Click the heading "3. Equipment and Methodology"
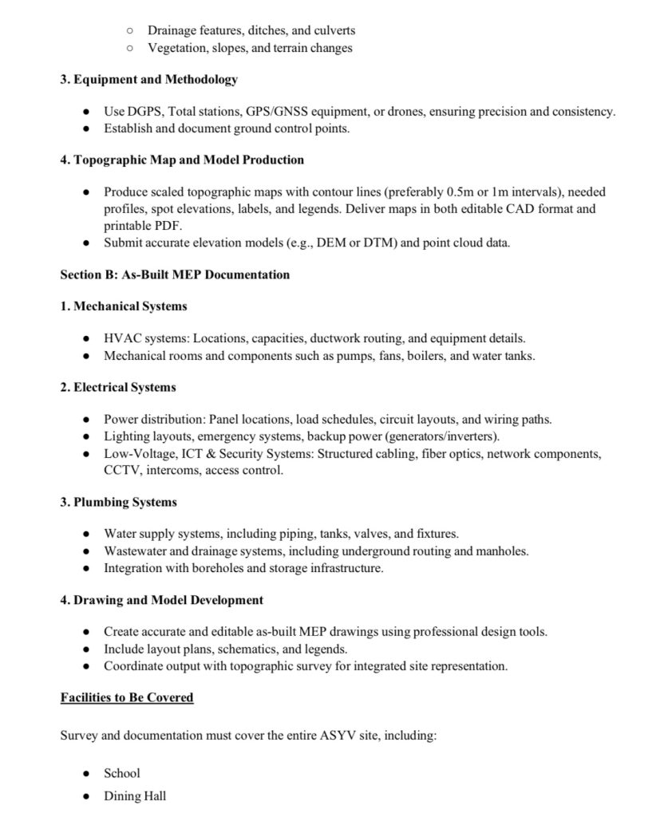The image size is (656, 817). click(148, 80)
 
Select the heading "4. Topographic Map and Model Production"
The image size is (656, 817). click(182, 160)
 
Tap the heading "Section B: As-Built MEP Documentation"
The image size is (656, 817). click(175, 274)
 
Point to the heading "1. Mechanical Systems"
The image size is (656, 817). click(124, 306)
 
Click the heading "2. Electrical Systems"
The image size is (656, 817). click(118, 387)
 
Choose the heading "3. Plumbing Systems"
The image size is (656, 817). click(118, 502)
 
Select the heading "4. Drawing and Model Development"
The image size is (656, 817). click(161, 599)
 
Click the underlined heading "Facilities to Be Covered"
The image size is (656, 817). click(127, 697)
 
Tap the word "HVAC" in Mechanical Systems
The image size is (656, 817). click(121, 338)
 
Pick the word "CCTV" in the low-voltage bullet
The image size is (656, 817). click(121, 471)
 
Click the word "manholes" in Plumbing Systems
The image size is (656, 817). click(504, 551)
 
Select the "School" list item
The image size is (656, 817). click(122, 773)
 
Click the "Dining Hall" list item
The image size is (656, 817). click(135, 796)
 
